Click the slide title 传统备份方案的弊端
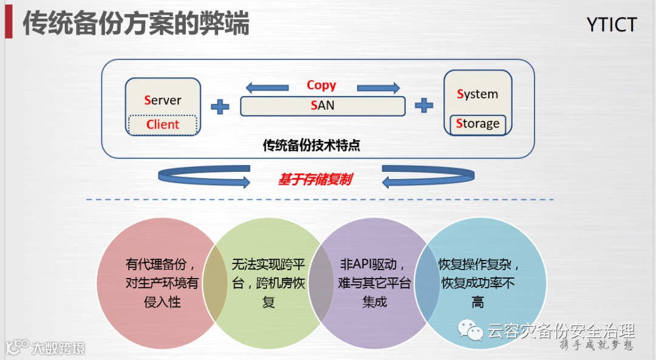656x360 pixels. coord(136,24)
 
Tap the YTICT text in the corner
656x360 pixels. coord(612,25)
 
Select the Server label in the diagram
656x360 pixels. coord(163,100)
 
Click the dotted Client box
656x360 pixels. coord(163,124)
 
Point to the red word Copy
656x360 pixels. coord(321,85)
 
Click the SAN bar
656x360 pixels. coord(323,106)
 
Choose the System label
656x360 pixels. coord(477,94)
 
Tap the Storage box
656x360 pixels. coord(477,124)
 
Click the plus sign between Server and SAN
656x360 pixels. coord(220,107)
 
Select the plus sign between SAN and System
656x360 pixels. coord(424,106)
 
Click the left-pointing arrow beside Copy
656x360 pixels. coord(267,87)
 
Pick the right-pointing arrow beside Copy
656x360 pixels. coord(378,87)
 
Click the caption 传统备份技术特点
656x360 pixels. coord(311,146)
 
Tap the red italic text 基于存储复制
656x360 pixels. coord(315,180)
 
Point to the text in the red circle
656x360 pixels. coord(162,283)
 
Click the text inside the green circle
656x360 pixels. coord(268,283)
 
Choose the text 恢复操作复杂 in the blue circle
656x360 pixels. coord(479,265)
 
